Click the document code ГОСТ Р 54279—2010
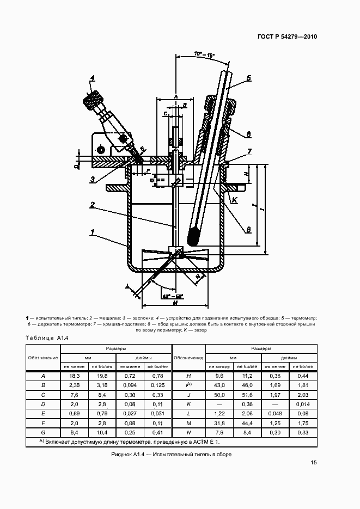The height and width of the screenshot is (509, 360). (287, 37)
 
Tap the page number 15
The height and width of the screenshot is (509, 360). (314, 463)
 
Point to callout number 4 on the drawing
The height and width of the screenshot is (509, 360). (93, 78)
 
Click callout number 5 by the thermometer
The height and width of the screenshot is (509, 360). (248, 77)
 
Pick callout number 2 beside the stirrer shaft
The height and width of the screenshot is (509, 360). (93, 205)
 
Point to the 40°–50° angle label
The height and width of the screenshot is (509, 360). (173, 296)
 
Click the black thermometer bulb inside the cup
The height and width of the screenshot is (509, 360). (192, 237)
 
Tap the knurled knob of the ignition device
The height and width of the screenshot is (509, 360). (93, 100)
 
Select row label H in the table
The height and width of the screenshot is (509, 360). (188, 376)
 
